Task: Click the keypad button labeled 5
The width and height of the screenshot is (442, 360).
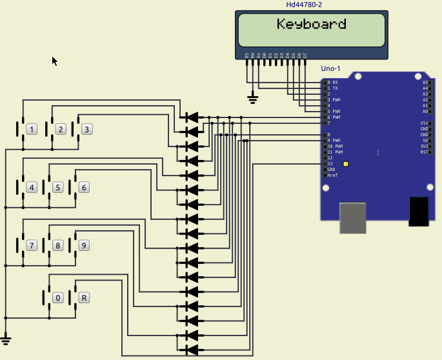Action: [x=57, y=188]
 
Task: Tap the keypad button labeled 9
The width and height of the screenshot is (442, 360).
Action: [x=83, y=245]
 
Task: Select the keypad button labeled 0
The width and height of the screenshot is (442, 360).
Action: [x=57, y=297]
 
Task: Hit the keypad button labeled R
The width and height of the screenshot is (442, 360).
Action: [x=83, y=297]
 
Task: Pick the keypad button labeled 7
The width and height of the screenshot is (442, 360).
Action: [x=31, y=245]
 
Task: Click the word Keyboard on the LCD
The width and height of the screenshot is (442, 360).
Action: [x=312, y=25]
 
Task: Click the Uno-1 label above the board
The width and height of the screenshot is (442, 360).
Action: [x=330, y=68]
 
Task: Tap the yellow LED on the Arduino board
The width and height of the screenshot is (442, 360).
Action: [x=346, y=164]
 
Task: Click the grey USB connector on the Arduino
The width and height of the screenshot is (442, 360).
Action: [x=353, y=217]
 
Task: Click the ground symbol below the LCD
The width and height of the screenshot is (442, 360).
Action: [x=253, y=99]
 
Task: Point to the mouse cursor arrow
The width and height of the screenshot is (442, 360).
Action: [x=54, y=61]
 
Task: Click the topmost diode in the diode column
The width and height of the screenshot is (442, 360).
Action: [x=191, y=117]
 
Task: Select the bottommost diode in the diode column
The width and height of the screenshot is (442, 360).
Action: [x=191, y=350]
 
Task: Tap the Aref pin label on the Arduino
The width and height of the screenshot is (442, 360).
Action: [x=332, y=175]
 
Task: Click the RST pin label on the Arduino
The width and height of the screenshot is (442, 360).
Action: [x=424, y=152]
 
